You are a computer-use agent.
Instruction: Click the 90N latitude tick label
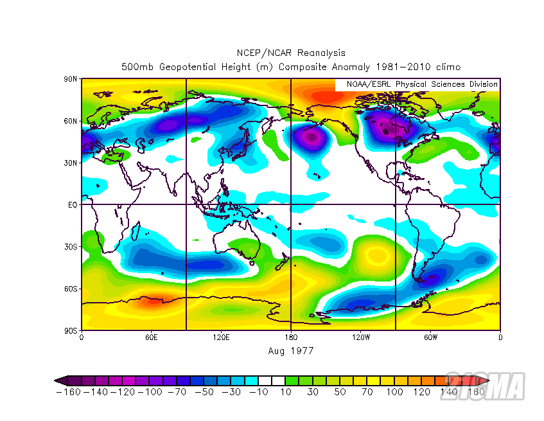point(71,79)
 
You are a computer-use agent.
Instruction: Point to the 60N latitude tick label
point(71,121)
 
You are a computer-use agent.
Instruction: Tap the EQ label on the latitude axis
point(73,204)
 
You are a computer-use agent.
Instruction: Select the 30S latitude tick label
point(71,247)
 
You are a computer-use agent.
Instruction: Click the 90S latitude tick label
point(71,330)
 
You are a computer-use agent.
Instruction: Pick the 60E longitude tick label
point(151,337)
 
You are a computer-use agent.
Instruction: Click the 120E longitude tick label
point(221,337)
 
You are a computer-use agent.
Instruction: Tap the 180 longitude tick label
point(291,337)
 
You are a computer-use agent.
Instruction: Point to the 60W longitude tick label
point(430,337)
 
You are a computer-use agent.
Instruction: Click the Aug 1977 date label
point(290,351)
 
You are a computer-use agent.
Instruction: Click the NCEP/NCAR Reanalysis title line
point(290,53)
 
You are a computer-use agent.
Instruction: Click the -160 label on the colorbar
point(68,392)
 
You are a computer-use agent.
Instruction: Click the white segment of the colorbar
point(272,381)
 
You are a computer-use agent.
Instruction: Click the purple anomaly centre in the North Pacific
point(312,137)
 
